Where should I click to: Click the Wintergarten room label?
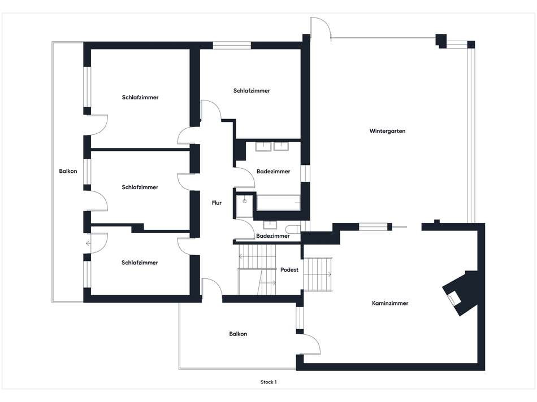tap(388, 131)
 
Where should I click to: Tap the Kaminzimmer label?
tap(390, 303)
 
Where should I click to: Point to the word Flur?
tap(216, 203)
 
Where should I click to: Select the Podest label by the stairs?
tap(289, 270)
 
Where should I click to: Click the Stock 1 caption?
tap(268, 382)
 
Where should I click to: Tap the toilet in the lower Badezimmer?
tap(292, 229)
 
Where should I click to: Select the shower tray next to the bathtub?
tap(246, 206)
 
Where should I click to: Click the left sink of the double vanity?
tap(263, 147)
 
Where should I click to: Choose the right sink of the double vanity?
tap(281, 147)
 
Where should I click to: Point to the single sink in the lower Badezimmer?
tap(269, 224)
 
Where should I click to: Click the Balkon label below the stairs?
tap(238, 334)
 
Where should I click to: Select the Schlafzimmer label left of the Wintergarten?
tap(252, 90)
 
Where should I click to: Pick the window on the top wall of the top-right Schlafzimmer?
tap(232, 45)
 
